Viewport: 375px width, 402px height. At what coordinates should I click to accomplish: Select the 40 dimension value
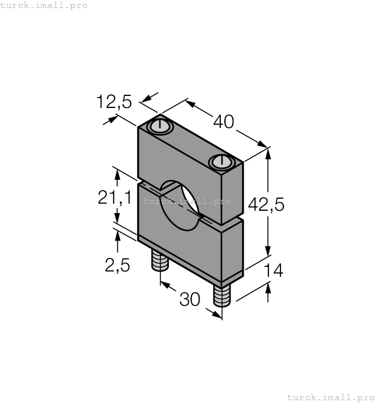point(224,122)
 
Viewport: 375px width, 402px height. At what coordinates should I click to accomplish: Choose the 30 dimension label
point(190,299)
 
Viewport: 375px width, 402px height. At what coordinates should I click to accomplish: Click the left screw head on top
point(159,125)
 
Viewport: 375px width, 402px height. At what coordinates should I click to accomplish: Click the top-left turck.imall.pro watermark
point(44,5)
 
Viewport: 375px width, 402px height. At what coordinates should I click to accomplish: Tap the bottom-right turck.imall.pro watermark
point(330,397)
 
